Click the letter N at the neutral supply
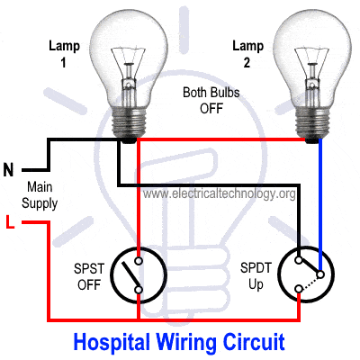tap(8, 170)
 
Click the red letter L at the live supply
tap(10, 222)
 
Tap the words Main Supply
tap(40, 195)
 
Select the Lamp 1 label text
tap(64, 54)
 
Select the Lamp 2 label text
tap(247, 54)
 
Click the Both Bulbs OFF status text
tap(211, 100)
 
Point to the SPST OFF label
tap(89, 276)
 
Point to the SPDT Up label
tap(256, 276)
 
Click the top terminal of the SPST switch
tap(139, 261)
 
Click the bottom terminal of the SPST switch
tap(139, 290)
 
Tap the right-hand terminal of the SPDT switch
tap(320, 274)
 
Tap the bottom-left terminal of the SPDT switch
tap(299, 289)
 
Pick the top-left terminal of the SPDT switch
tap(299, 260)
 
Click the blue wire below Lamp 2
tap(320, 204)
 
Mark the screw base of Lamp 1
tap(128, 123)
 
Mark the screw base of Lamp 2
tap(311, 123)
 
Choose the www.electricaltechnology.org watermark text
tap(219, 193)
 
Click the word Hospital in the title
tap(112, 342)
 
